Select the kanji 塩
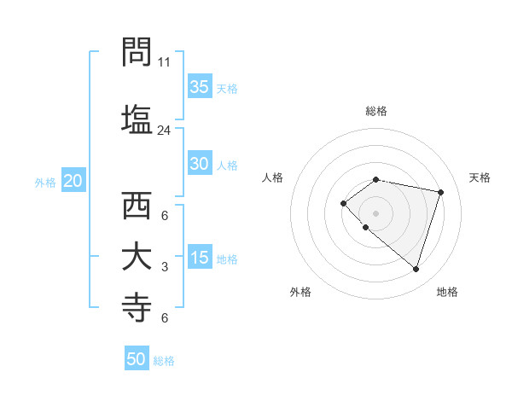click(137, 118)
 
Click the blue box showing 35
click(200, 87)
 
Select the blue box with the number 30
click(200, 165)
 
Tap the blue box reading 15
click(200, 259)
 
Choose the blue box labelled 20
click(73, 181)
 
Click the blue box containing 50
click(137, 359)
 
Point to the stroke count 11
click(165, 62)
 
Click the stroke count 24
click(165, 131)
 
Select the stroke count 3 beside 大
click(165, 267)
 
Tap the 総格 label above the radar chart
click(376, 111)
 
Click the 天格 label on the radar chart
click(480, 177)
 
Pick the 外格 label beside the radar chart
click(300, 292)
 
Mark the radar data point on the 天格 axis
click(441, 192)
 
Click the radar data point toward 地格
click(416, 270)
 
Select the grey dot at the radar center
click(376, 212)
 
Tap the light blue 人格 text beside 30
click(227, 166)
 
